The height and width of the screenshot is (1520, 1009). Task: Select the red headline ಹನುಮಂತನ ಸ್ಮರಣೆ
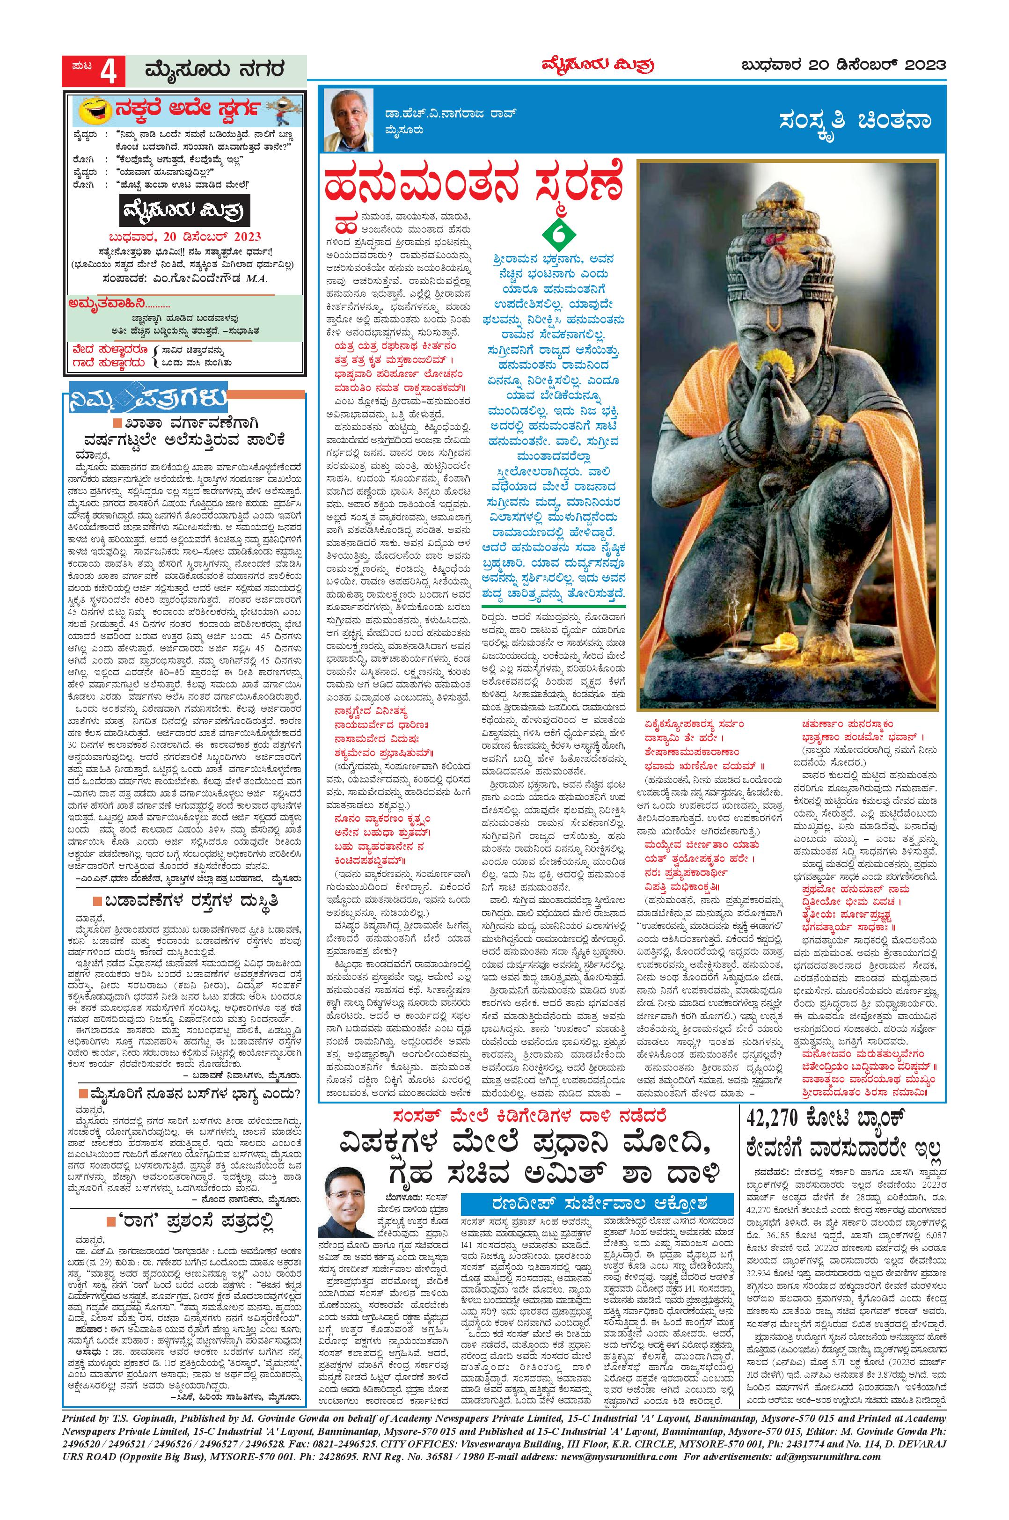(474, 186)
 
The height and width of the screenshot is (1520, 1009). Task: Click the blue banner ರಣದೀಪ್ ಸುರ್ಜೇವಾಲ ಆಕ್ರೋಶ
(598, 1203)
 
